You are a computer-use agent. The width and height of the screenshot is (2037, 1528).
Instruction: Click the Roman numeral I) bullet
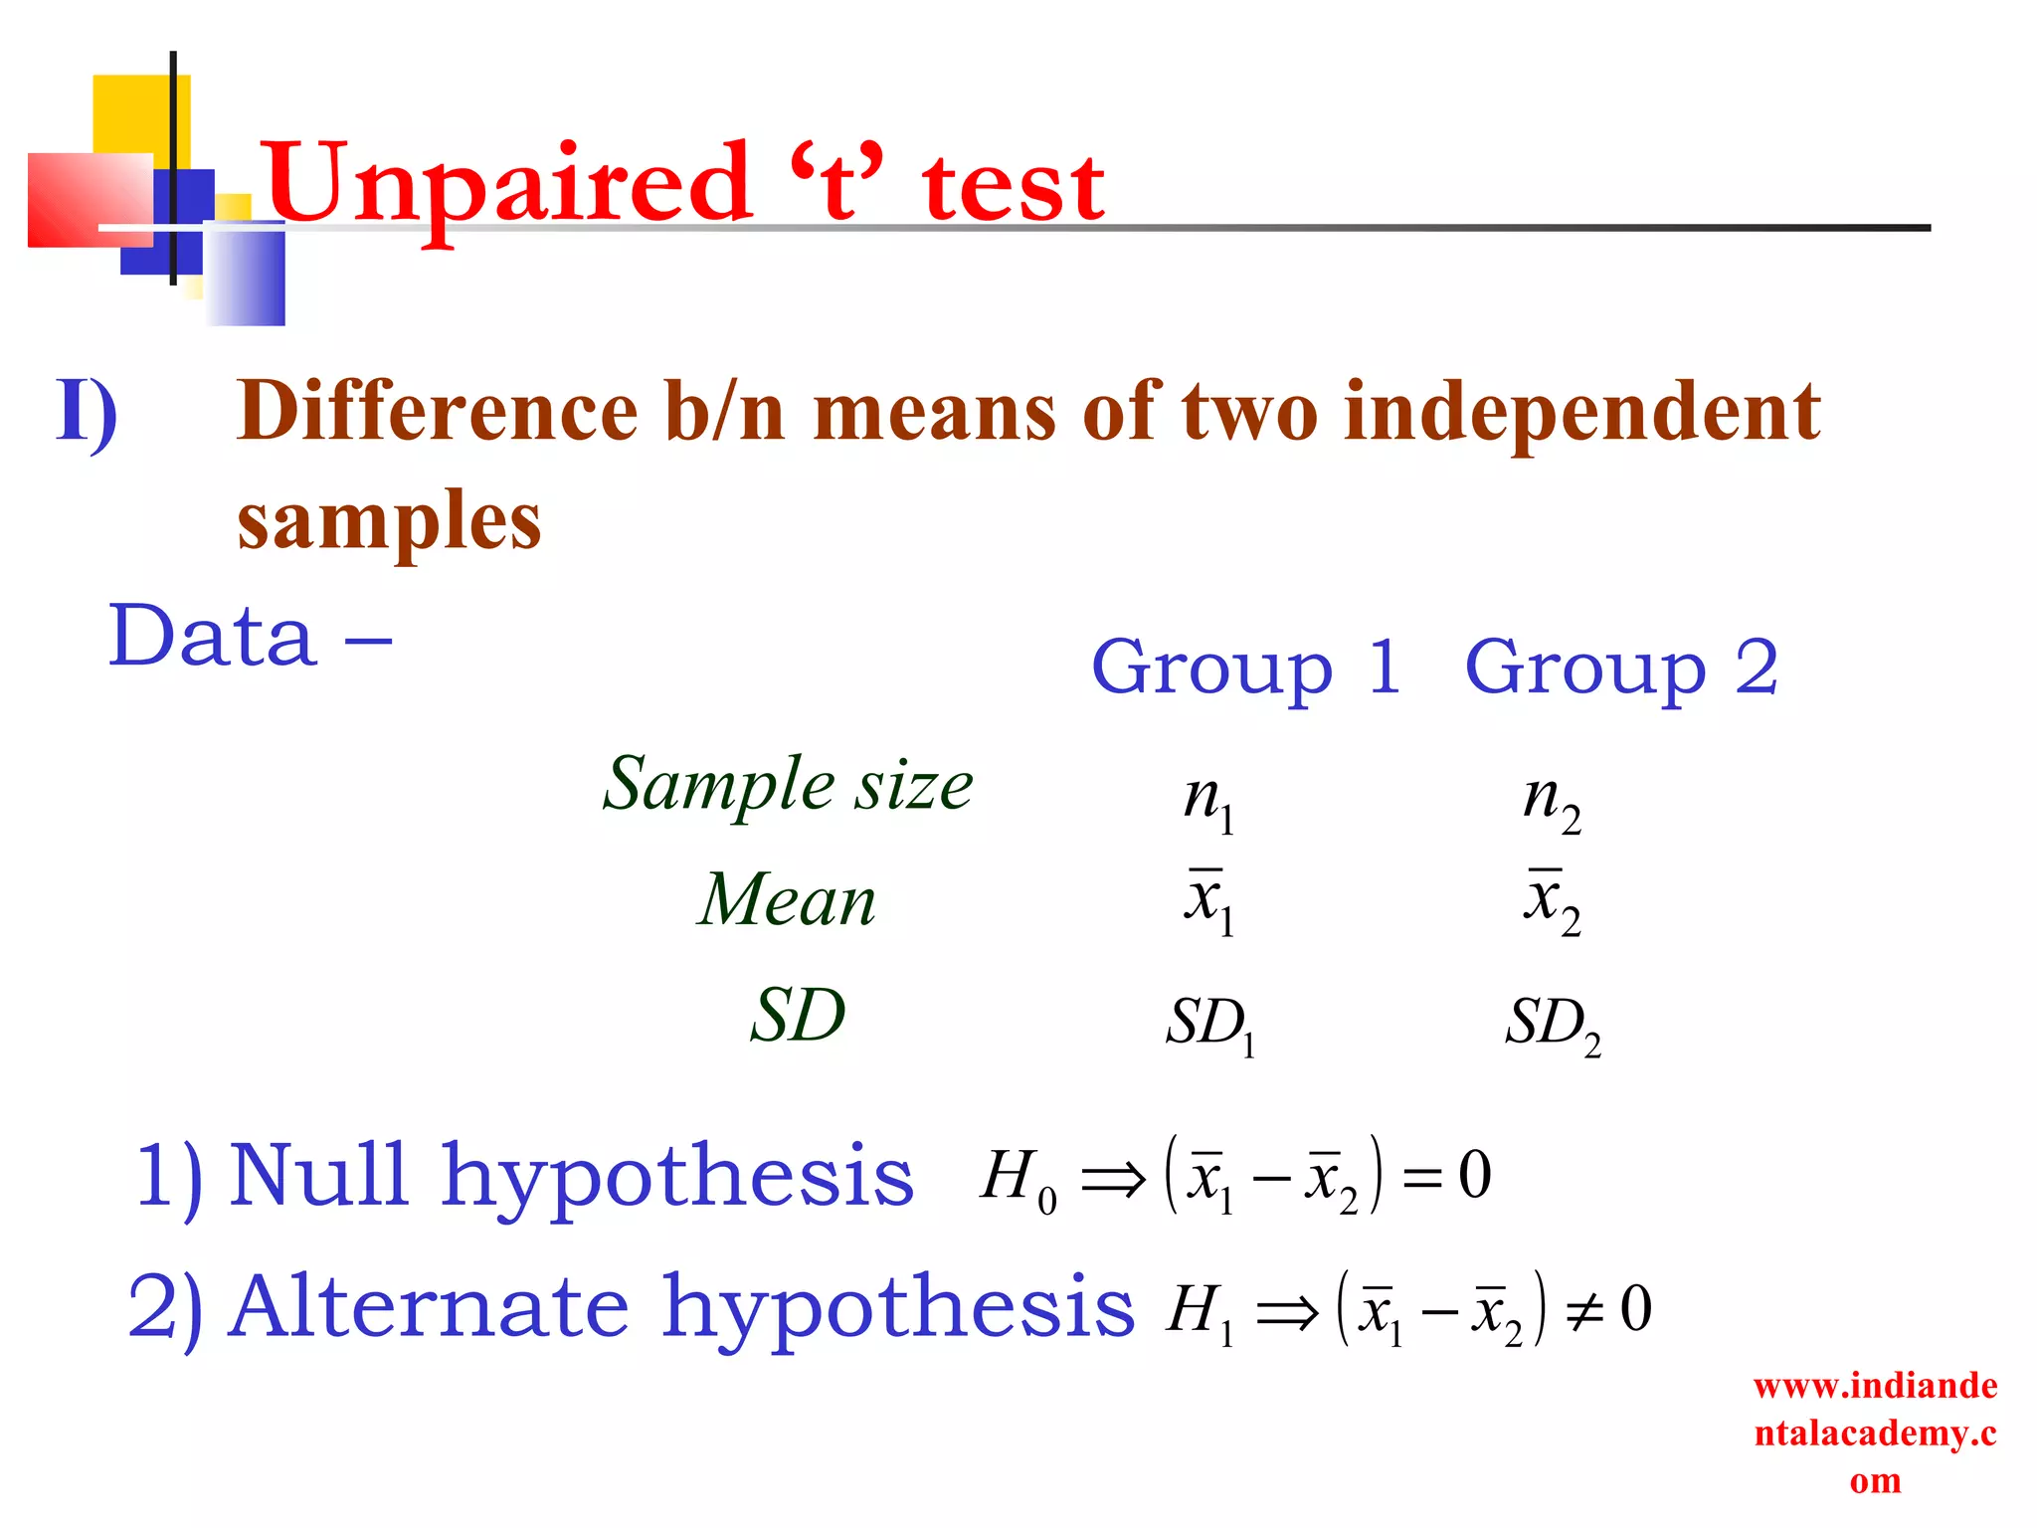tap(88, 412)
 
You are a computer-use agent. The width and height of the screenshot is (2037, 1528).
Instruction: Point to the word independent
tap(1581, 414)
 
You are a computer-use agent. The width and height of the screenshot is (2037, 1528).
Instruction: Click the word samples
tap(389, 521)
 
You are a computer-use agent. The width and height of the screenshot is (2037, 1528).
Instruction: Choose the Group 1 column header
tap(1246, 668)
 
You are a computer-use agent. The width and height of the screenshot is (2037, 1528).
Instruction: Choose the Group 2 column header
tap(1621, 668)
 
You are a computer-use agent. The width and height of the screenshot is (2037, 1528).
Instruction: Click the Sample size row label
tap(788, 785)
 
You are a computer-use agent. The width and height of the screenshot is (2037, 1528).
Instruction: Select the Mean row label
tap(786, 900)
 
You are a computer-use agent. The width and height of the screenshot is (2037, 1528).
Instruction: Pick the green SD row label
tap(798, 1017)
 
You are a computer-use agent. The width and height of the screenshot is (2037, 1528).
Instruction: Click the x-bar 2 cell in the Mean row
tap(1552, 901)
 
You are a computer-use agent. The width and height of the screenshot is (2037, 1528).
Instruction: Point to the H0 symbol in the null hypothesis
tap(1017, 1179)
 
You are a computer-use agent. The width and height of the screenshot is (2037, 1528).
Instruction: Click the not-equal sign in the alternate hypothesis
tap(1583, 1313)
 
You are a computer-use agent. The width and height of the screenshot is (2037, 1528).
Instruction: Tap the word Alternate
tap(430, 1307)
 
